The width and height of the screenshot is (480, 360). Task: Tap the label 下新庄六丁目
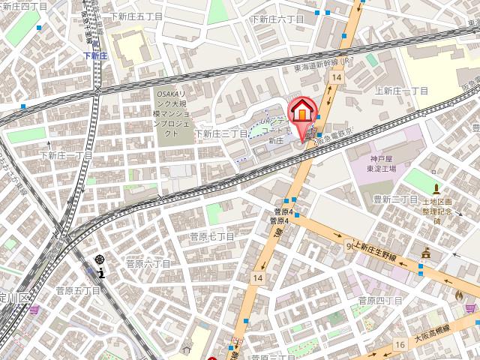tap(277, 19)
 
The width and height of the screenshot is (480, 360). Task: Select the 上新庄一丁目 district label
tap(401, 91)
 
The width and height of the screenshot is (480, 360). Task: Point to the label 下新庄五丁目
tap(137, 16)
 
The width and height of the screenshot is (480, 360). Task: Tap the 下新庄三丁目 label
tap(221, 133)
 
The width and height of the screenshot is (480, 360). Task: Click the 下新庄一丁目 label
tap(66, 156)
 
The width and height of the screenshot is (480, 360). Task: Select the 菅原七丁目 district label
tap(211, 237)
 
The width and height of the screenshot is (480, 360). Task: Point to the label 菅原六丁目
tap(148, 265)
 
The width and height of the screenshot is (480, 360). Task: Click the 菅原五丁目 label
tap(78, 290)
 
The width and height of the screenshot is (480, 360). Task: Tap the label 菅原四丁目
tap(380, 301)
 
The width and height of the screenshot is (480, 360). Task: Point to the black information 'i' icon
tap(100, 273)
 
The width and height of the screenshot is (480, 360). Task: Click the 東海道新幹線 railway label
tap(318, 65)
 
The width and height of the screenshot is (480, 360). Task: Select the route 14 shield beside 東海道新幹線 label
tap(339, 77)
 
